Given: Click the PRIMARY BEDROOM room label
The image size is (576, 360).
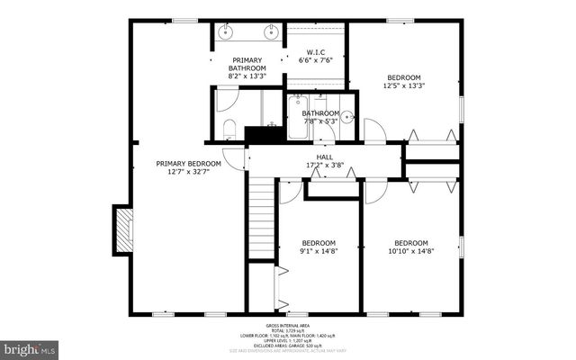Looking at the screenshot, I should point(188,164).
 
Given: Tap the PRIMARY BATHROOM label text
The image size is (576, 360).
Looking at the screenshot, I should point(247,64).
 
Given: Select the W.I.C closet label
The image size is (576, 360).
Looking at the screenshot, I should point(315,52).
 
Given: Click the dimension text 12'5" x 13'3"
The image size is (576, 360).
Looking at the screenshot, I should point(404,86).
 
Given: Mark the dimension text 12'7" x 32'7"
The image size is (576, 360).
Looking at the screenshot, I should point(188,173).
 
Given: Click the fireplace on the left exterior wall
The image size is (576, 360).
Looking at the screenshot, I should point(123,229).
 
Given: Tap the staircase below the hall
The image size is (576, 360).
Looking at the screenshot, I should point(261,216).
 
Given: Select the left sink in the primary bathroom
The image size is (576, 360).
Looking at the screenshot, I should point(224,31).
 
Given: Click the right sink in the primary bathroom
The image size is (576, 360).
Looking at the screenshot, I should point(269,31).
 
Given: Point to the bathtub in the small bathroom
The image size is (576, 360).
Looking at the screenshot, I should point(298,120).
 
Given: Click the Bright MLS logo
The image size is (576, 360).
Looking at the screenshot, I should point(30,347).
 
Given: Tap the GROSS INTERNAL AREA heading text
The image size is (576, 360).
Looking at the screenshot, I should point(288,326).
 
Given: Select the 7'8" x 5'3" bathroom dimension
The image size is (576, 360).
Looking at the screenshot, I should point(320,121).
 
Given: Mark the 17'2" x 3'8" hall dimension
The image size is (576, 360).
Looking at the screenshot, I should point(324,166).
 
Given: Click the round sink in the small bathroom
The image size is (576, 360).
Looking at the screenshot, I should point(347,117).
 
